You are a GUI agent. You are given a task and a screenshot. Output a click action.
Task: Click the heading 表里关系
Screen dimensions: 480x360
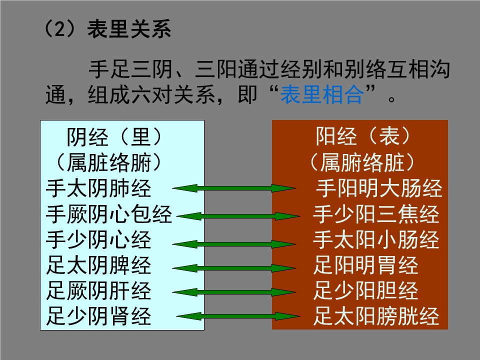[x=129, y=29]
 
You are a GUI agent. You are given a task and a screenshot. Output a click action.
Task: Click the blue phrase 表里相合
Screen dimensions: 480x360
[x=322, y=94]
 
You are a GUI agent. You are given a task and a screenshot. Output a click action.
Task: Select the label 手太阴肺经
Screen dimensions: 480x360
[x=98, y=188]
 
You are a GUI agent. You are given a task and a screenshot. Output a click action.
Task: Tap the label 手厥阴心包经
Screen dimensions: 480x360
[x=109, y=214]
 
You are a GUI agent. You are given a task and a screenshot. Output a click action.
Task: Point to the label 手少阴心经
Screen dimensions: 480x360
[x=98, y=239]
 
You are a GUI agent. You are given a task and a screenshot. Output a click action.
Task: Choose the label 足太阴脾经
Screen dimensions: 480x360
[x=98, y=265]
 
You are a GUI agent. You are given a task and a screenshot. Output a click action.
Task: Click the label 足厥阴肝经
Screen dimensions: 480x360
[x=98, y=291]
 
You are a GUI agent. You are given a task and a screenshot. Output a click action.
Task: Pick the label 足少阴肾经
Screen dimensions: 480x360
[x=98, y=316]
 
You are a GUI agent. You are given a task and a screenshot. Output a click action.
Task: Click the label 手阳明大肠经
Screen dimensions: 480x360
[x=379, y=188]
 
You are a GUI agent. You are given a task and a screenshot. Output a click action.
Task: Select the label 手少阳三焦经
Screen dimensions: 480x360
[x=376, y=214]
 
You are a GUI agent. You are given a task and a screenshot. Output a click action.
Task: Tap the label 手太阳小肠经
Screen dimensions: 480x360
[x=376, y=239]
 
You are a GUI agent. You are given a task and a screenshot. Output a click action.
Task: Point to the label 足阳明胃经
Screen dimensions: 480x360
[x=366, y=265]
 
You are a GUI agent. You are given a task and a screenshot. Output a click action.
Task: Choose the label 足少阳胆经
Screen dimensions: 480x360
[x=366, y=291]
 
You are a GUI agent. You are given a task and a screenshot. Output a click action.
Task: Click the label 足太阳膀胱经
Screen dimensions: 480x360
[x=376, y=316]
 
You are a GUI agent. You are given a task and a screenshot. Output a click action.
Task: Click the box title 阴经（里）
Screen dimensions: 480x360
[x=114, y=137]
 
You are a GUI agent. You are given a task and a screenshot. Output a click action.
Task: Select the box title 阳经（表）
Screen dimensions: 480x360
[x=363, y=136]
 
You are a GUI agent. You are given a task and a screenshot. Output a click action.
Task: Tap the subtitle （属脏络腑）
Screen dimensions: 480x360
[x=108, y=162]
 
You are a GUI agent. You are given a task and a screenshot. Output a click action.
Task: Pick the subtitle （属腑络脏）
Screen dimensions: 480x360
[x=362, y=162]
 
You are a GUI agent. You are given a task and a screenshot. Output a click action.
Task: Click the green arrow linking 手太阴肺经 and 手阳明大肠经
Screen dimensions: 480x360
[x=234, y=188]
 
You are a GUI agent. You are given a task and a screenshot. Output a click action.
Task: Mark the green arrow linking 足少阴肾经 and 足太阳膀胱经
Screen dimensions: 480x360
[x=238, y=316]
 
